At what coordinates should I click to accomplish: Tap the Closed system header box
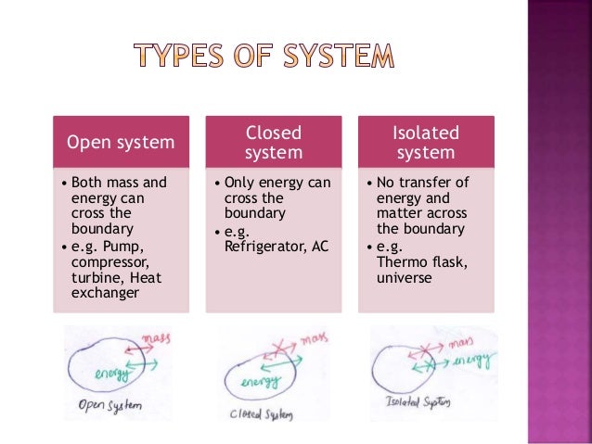pyautogui.click(x=273, y=143)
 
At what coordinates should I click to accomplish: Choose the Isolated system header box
pyautogui.click(x=424, y=143)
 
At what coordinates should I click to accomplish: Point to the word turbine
pyautogui.click(x=91, y=277)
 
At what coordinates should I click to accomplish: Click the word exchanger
pyautogui.click(x=102, y=293)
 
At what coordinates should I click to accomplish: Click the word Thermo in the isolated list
pyautogui.click(x=400, y=261)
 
